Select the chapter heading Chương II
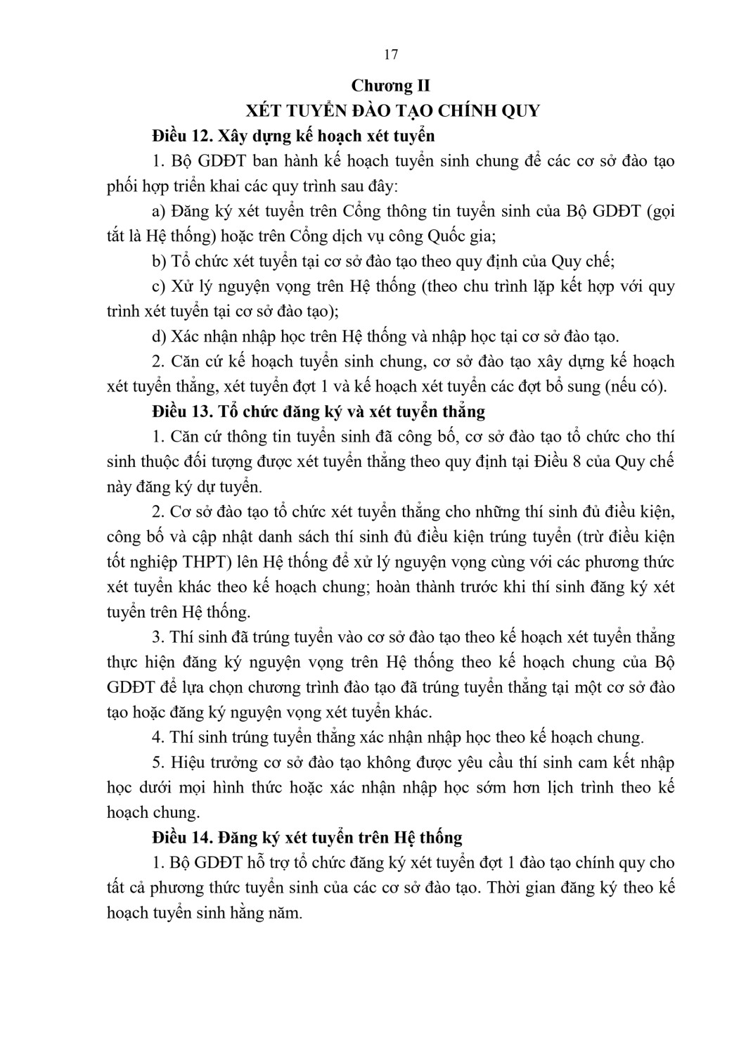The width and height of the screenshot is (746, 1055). [x=391, y=86]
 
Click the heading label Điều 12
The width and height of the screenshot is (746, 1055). [x=175, y=135]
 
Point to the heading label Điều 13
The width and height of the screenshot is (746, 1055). [x=175, y=411]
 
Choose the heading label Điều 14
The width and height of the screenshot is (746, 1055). [x=175, y=838]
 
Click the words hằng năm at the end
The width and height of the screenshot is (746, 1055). [x=270, y=914]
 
